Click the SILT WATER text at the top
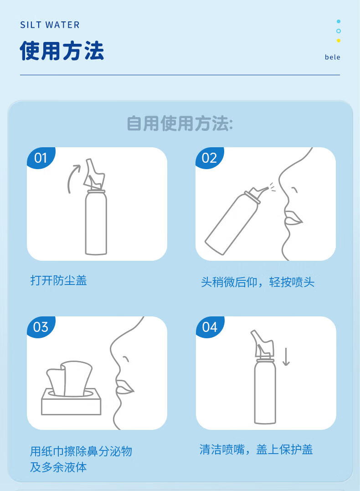click(x=50, y=25)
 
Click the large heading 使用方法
click(x=62, y=51)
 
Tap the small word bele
click(x=333, y=57)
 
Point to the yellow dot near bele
click(x=339, y=41)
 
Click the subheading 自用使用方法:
click(x=180, y=124)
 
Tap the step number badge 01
click(x=41, y=157)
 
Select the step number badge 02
click(x=210, y=157)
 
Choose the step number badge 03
click(x=41, y=326)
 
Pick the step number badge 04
click(x=210, y=326)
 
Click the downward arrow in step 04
click(x=286, y=357)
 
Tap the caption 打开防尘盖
click(x=58, y=280)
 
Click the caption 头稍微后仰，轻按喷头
click(x=257, y=282)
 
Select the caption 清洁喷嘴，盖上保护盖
click(x=256, y=450)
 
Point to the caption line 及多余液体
click(x=58, y=467)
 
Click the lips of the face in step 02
click(x=293, y=218)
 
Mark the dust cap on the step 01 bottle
click(x=94, y=174)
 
